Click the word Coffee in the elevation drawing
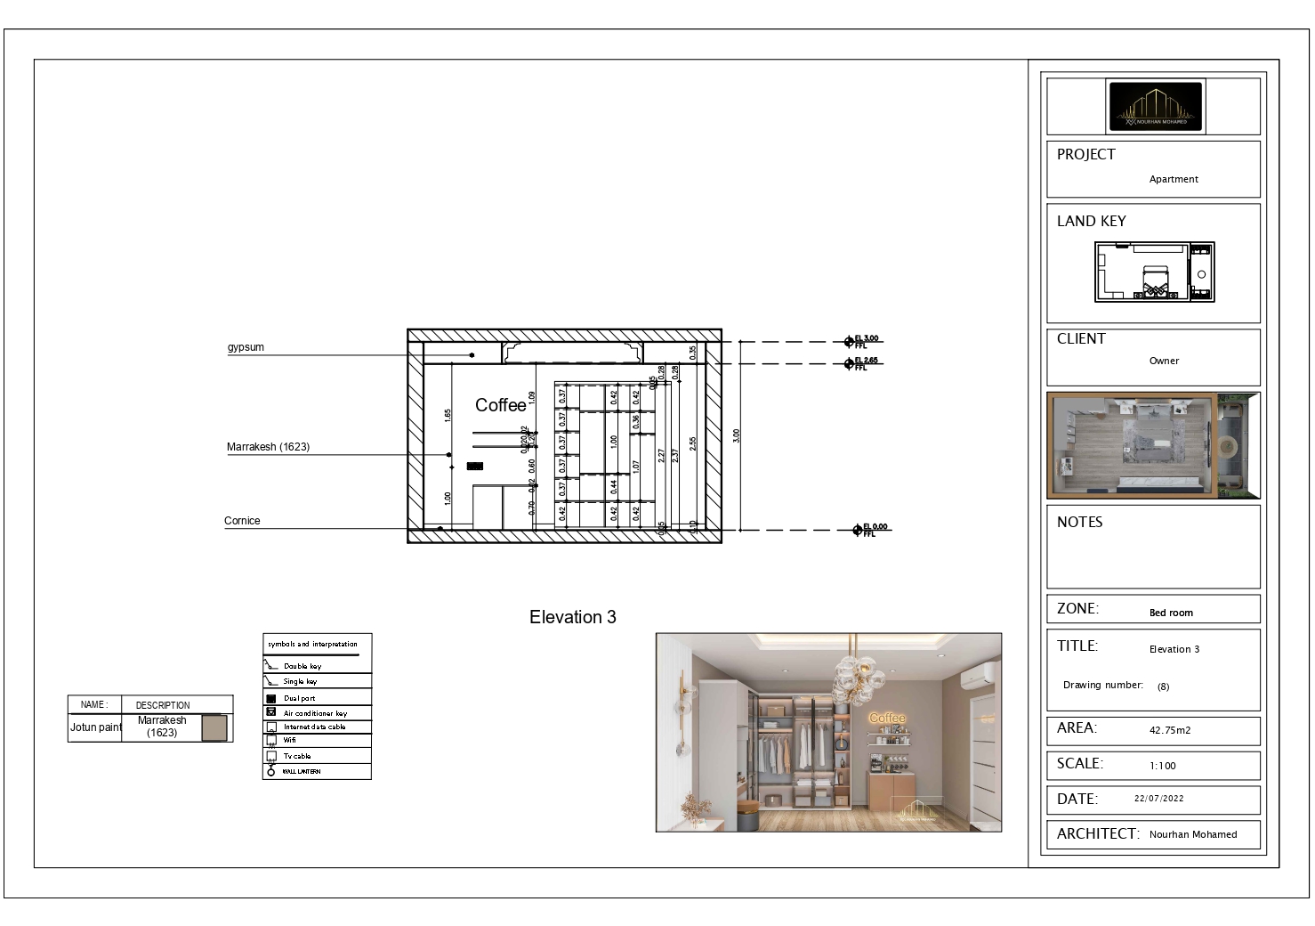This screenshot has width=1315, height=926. pyautogui.click(x=500, y=405)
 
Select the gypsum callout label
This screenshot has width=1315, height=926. pyautogui.click(x=246, y=347)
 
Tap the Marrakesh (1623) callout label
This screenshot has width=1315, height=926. pyautogui.click(x=268, y=447)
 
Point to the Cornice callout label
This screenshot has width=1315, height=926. pyautogui.click(x=242, y=521)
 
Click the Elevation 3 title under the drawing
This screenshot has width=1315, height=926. pyautogui.click(x=572, y=617)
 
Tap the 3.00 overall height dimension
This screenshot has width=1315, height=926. pyautogui.click(x=736, y=435)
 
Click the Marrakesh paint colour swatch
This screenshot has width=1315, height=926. pyautogui.click(x=214, y=727)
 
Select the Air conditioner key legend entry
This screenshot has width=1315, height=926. pyautogui.click(x=315, y=713)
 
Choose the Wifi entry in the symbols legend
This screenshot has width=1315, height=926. pyautogui.click(x=290, y=740)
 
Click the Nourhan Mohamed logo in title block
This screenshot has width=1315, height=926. pyautogui.click(x=1155, y=107)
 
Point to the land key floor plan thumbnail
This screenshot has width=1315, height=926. pyautogui.click(x=1154, y=272)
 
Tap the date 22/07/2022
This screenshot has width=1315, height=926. pyautogui.click(x=1158, y=799)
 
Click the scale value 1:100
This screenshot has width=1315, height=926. pyautogui.click(x=1162, y=766)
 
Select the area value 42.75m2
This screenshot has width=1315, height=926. pyautogui.click(x=1169, y=730)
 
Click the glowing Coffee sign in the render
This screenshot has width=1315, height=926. pyautogui.click(x=886, y=718)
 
